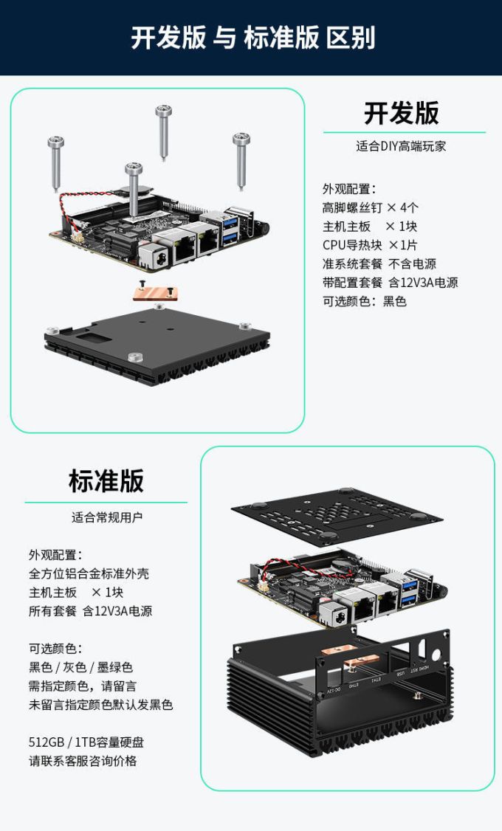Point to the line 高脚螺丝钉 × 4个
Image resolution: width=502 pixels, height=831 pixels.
[371, 207]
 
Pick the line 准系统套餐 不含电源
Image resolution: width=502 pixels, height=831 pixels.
[379, 263]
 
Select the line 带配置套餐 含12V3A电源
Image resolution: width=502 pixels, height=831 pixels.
[390, 282]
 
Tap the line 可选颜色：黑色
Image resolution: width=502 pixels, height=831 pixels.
[364, 301]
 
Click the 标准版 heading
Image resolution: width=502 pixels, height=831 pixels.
[106, 480]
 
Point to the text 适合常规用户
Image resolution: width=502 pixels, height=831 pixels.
[106, 517]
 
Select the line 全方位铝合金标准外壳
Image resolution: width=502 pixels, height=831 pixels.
[83, 573]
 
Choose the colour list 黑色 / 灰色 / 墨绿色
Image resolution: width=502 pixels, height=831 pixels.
[80, 667]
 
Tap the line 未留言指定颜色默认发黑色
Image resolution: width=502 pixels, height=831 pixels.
[100, 705]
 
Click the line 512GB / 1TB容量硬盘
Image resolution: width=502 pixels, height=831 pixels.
[86, 742]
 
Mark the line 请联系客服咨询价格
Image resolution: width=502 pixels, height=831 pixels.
[83, 761]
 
